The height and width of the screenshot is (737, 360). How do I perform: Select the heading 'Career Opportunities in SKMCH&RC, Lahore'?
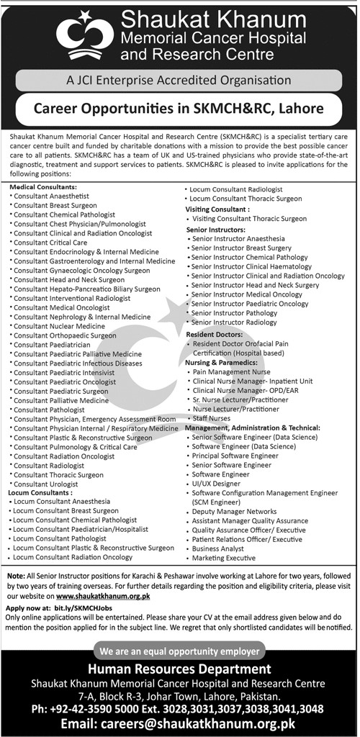point(179,109)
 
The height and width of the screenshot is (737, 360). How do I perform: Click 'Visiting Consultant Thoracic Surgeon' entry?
point(249,218)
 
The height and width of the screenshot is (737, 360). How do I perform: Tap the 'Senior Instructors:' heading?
point(216,228)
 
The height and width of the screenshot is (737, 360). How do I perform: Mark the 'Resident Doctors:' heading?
point(213,335)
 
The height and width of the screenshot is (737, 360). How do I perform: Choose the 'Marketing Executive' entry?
point(225,559)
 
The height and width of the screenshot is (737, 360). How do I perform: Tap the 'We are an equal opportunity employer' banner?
point(179,653)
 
